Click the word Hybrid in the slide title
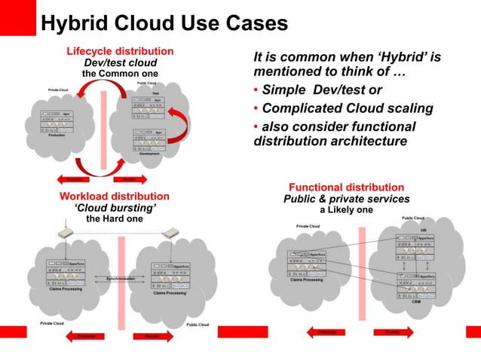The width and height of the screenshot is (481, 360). (76, 23)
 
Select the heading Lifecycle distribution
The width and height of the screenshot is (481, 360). (120, 51)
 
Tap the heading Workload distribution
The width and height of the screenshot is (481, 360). (114, 197)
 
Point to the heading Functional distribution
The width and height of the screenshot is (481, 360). (346, 187)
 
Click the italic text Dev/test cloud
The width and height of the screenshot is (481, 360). (120, 63)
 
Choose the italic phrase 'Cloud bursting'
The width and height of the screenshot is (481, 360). (114, 208)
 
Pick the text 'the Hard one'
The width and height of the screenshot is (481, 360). (114, 218)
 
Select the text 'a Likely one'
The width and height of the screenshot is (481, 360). (346, 209)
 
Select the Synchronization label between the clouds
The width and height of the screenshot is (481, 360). (121, 278)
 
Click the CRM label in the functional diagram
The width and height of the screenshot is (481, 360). (416, 312)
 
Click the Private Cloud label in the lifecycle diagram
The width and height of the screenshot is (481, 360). (59, 90)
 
